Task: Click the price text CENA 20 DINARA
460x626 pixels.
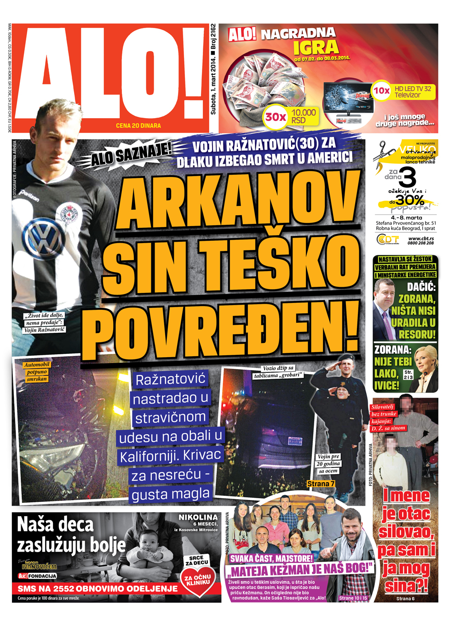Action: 138,126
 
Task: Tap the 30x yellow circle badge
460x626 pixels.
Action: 276,117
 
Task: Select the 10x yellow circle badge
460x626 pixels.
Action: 381,91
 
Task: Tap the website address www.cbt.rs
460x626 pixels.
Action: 420,239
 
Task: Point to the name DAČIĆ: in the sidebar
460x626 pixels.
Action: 421,288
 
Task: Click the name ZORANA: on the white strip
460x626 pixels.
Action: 392,350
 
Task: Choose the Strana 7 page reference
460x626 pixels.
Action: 321,484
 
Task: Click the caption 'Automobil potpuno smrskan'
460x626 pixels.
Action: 37,371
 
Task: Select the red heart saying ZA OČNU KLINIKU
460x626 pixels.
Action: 197,580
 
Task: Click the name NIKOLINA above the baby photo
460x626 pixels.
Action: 198,518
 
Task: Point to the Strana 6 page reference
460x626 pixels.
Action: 405,598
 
